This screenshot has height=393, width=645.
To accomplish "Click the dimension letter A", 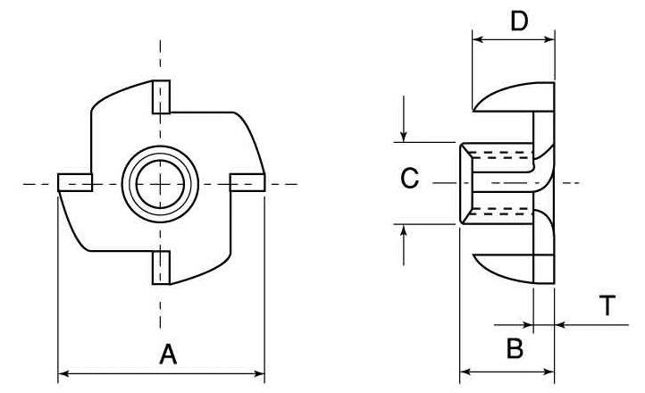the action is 168,354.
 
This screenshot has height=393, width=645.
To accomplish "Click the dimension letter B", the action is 515,348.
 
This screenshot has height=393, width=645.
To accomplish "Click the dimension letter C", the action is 409,179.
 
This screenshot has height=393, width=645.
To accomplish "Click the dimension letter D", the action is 519,21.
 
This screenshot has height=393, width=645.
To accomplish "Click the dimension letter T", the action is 607,305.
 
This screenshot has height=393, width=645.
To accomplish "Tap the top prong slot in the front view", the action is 161,96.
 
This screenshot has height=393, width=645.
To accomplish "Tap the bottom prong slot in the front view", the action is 161,268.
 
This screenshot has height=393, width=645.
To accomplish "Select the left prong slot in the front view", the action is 75,182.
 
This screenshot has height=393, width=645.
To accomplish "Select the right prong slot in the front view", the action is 247,182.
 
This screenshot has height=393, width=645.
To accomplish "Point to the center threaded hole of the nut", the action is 160,184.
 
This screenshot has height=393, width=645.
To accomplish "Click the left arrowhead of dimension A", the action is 63,373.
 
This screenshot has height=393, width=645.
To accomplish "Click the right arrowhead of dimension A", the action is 260,373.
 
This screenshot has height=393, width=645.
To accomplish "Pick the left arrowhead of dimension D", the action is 478,39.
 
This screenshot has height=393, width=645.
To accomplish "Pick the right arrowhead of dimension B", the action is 549,372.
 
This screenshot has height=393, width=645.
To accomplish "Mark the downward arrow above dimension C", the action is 404,119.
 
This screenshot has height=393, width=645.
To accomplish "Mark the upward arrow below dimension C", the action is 404,245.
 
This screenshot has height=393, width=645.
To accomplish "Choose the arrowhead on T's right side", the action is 560,325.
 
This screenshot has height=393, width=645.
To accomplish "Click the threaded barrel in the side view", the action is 497,183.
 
